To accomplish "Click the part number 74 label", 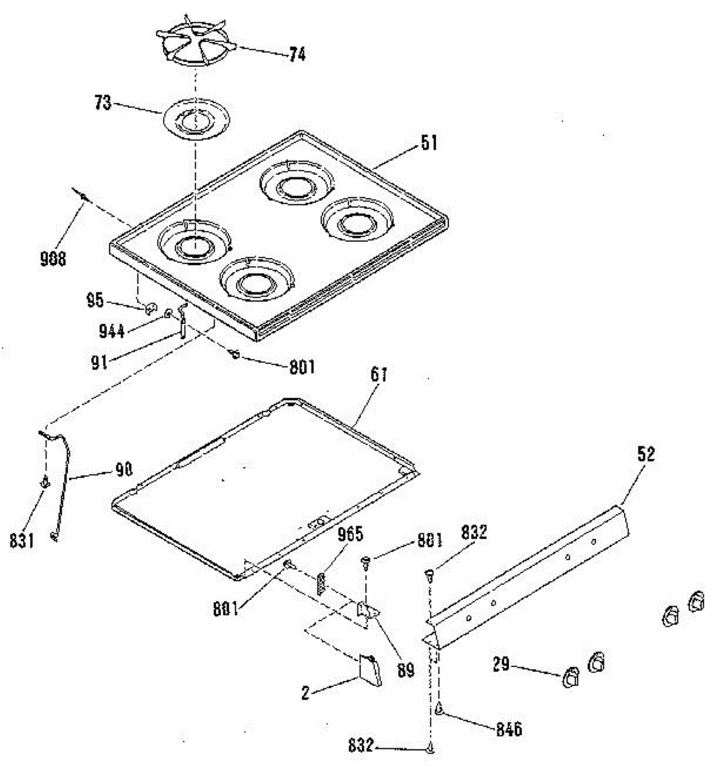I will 296,54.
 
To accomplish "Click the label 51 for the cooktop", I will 429,143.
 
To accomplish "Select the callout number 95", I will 95,299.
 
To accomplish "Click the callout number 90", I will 123,470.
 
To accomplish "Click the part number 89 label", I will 406,670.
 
